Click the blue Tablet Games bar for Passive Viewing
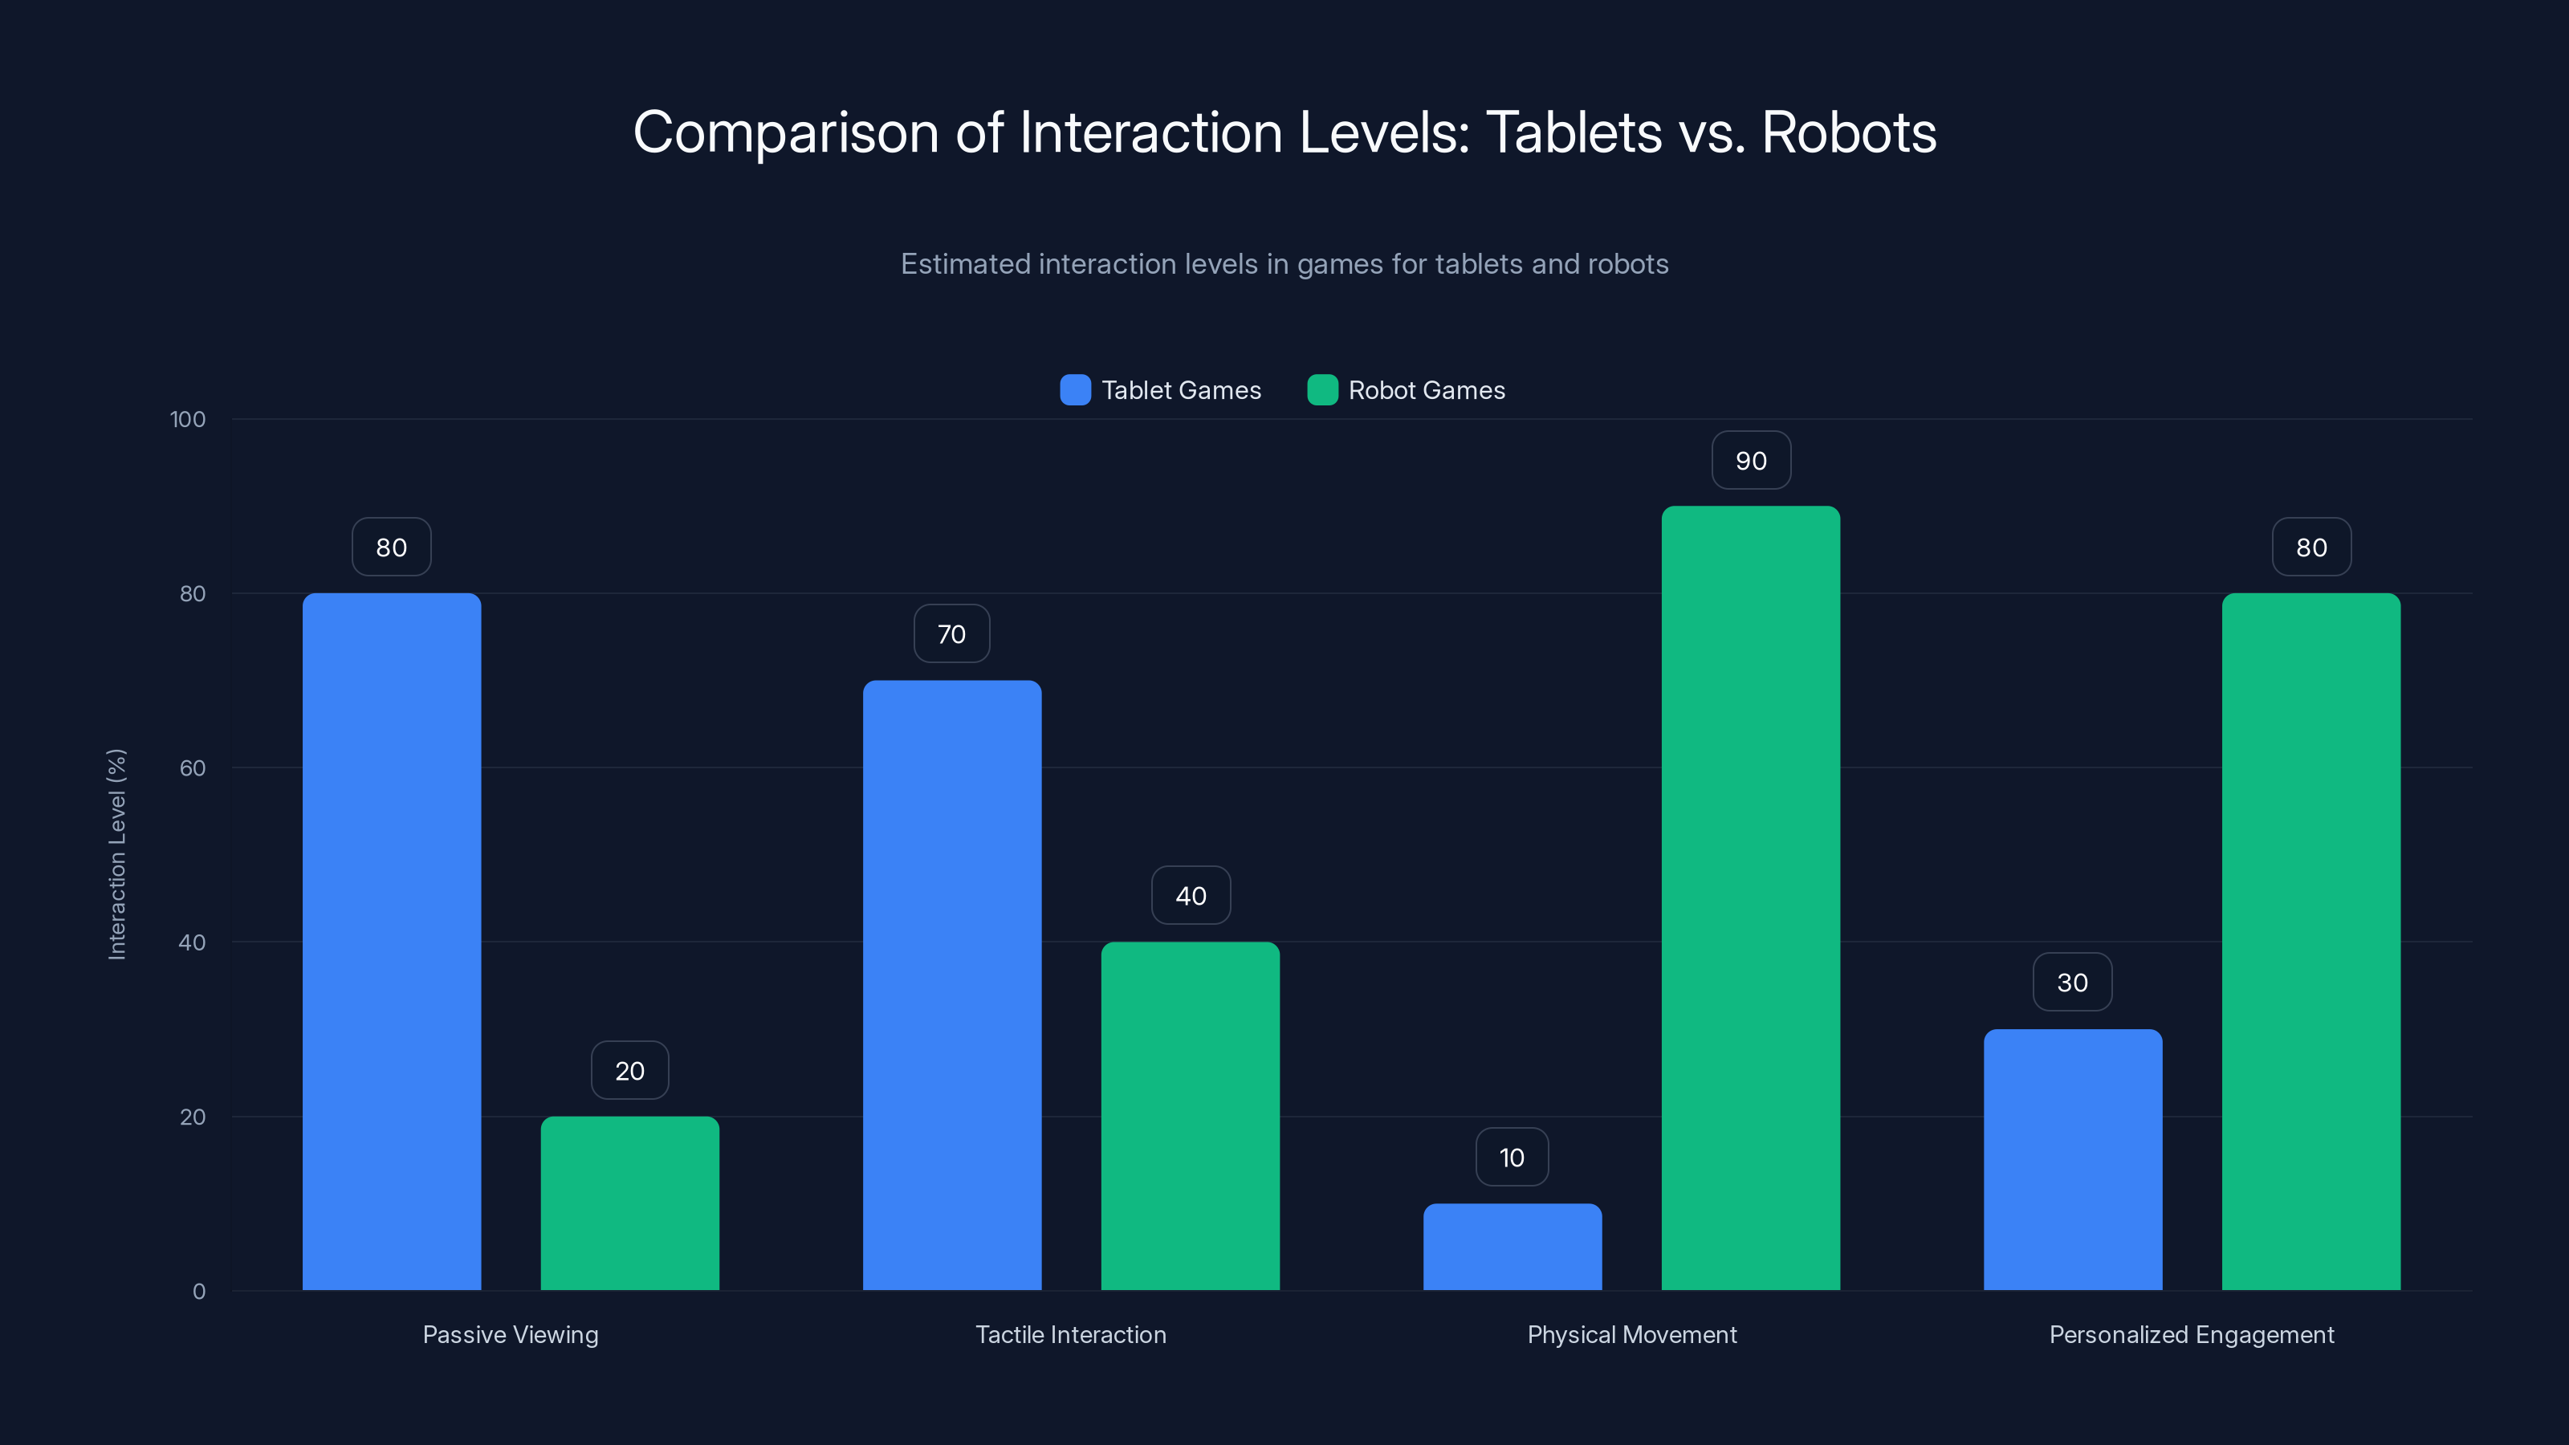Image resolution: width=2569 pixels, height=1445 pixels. (391, 942)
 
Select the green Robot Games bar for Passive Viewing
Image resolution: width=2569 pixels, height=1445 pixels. (629, 1203)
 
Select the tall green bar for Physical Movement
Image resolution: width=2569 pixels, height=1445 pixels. (1750, 898)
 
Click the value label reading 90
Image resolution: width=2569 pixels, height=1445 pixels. (1750, 461)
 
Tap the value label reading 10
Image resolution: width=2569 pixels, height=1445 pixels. (1512, 1158)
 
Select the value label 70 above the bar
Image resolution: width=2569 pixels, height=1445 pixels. (951, 634)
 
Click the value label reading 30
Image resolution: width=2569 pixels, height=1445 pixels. (2072, 983)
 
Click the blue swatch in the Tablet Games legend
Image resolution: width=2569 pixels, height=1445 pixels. (1075, 390)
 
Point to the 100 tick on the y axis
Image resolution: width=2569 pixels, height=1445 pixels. (188, 419)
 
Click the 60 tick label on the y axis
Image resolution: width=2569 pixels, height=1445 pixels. (193, 768)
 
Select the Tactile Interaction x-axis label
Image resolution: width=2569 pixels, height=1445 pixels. (1070, 1334)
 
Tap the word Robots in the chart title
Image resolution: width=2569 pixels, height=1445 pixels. (1848, 132)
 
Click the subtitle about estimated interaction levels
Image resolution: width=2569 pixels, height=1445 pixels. (1284, 264)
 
